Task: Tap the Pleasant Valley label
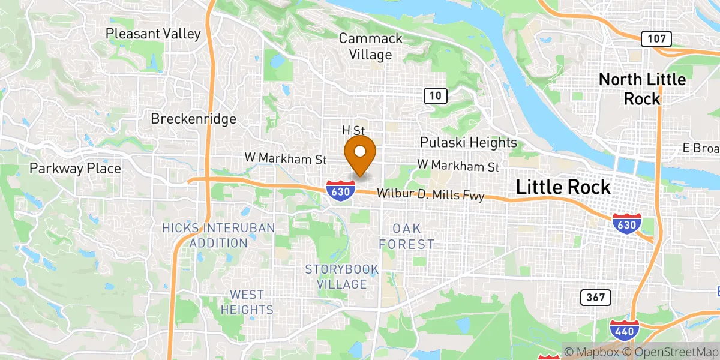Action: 153,34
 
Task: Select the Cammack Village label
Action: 365,47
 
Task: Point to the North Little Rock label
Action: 642,89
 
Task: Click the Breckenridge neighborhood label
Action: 193,119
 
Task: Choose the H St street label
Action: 353,130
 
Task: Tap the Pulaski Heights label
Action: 468,142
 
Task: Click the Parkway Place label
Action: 75,169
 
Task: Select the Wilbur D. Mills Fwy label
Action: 430,195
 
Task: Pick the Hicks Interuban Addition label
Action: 218,235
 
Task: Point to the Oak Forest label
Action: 406,236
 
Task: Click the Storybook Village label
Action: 341,276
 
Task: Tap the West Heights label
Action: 247,302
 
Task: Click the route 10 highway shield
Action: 436,95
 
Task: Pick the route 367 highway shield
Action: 596,297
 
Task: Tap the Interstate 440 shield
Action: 623,331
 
